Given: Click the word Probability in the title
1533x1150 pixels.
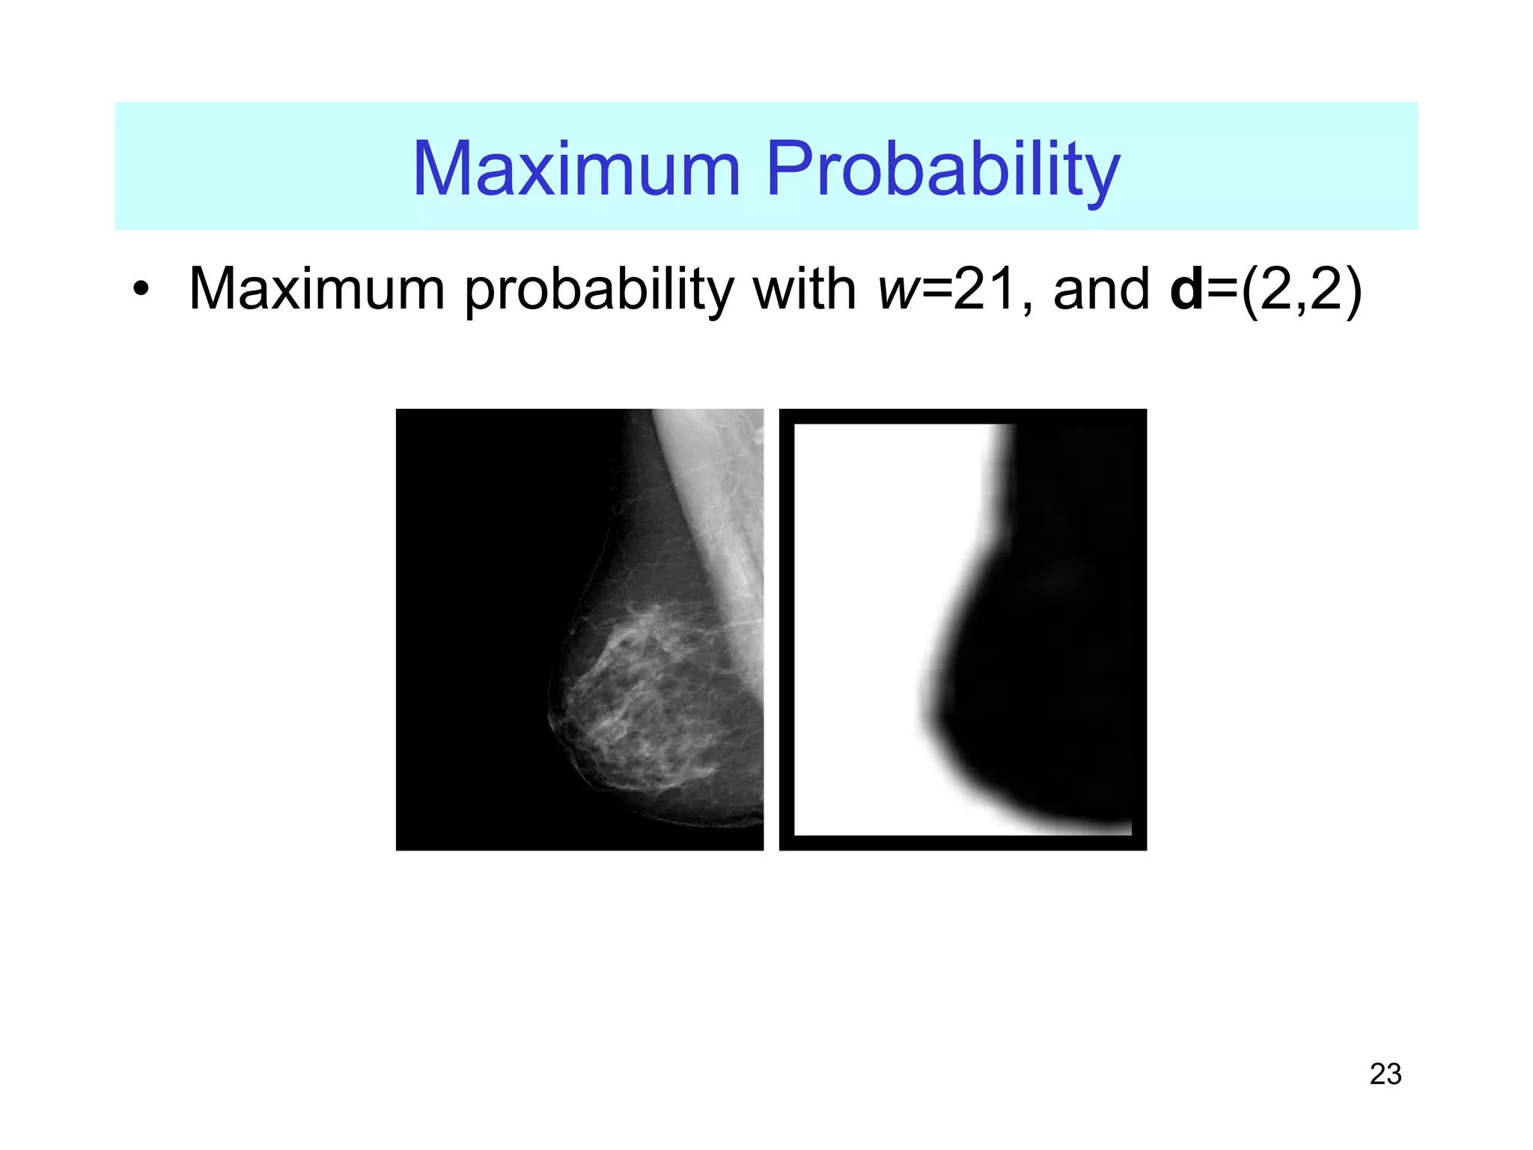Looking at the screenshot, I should click(942, 170).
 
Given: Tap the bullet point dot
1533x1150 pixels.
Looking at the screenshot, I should click(141, 290).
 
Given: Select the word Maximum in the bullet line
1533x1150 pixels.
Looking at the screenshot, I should click(317, 289).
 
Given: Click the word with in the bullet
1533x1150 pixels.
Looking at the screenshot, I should click(804, 289).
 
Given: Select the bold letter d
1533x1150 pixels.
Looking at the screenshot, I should click(1187, 289).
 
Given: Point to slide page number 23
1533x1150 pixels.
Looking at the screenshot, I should click(1385, 1074).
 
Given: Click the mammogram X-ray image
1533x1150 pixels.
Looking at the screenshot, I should click(579, 629).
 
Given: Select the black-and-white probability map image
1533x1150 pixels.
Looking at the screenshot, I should click(963, 629).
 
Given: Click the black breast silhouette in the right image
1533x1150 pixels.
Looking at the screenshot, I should click(1048, 674).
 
